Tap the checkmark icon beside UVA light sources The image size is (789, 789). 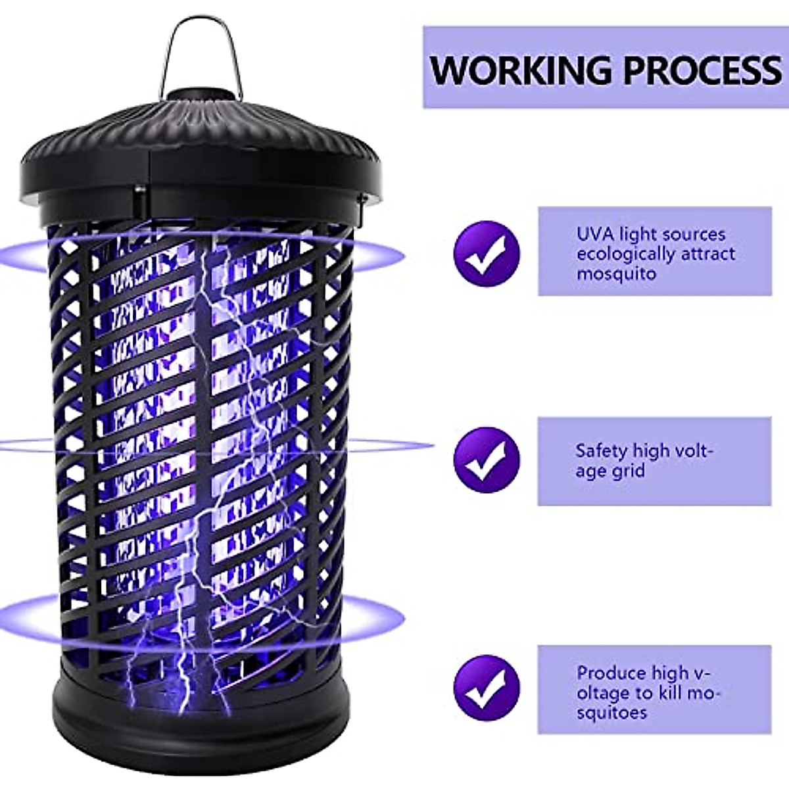coord(487,253)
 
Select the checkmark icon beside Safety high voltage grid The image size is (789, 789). coord(487,460)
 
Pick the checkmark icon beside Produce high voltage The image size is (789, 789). coord(487,690)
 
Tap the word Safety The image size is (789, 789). coord(601,451)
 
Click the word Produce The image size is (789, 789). coord(608,673)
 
